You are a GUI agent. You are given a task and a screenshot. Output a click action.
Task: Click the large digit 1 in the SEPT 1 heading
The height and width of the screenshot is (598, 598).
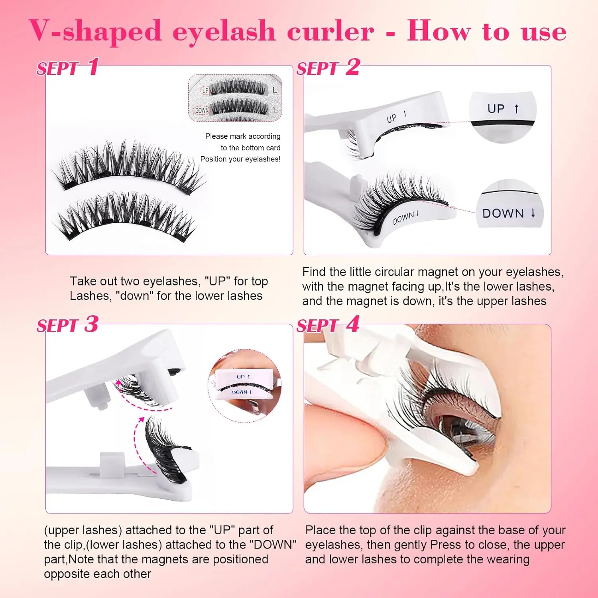pos(93,67)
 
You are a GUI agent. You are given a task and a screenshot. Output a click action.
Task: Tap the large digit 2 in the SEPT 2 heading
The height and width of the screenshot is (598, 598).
pos(352,67)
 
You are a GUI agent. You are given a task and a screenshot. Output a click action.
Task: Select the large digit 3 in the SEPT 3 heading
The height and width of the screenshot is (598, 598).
pos(91,324)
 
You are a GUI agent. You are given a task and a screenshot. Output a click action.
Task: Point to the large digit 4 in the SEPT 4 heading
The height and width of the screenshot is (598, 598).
pos(352,324)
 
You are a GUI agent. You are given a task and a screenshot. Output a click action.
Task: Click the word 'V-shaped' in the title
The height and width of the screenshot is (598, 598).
pos(95,31)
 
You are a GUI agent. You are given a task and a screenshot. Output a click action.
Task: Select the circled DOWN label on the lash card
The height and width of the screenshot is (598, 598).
pos(202,110)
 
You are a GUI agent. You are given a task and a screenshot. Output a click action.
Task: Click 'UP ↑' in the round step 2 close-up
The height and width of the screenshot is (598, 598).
pos(503,108)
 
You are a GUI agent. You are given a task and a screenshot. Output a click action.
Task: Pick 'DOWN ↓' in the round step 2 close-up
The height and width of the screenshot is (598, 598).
pos(509,213)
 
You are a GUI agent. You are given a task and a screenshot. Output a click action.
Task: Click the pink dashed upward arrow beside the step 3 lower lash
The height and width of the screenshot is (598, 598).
pos(136,445)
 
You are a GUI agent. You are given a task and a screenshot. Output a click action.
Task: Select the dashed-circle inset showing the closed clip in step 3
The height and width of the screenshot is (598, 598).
pos(244,386)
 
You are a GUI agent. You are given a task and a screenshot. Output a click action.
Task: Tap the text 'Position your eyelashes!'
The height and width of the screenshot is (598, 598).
pos(240,159)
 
